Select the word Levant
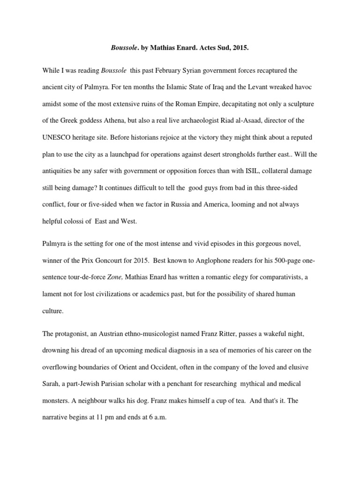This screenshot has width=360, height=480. click(244, 87)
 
